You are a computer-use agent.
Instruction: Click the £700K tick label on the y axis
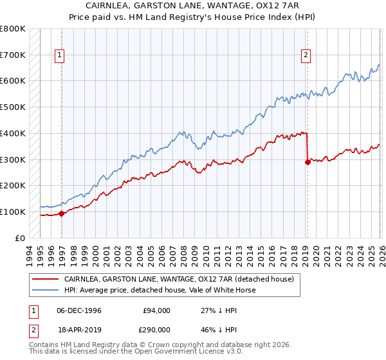[13, 55]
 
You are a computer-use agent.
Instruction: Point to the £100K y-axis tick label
[13, 212]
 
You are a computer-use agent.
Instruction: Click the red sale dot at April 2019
[308, 162]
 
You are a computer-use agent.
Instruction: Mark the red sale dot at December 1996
[62, 213]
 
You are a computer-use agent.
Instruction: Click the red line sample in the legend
[45, 279]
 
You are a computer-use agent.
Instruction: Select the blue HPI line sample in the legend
[45, 290]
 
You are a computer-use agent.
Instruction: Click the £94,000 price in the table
[155, 310]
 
